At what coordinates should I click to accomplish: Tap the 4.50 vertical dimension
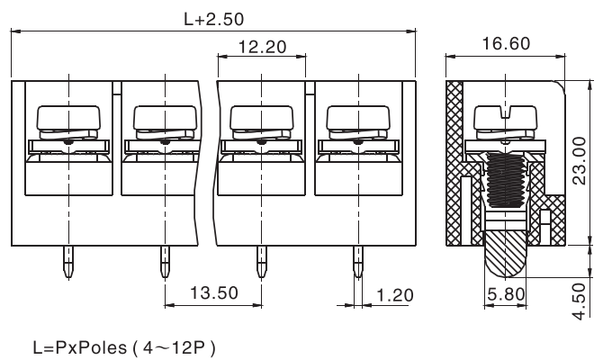581,297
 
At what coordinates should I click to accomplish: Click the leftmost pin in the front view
67,263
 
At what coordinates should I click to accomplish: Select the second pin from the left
165,263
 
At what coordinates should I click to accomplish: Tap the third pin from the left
261,263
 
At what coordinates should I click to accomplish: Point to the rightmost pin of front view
356,263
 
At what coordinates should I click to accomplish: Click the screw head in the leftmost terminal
67,118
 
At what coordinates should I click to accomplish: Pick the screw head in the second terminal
165,118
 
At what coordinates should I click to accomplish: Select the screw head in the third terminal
261,118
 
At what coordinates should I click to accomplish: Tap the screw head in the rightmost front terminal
356,118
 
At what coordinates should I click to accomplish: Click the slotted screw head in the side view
505,116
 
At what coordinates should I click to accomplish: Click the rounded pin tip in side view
505,256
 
